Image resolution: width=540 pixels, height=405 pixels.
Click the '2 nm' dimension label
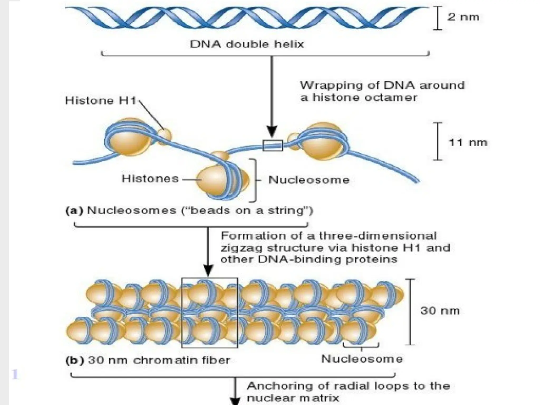pyautogui.click(x=463, y=17)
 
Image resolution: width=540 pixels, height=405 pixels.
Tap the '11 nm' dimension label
pyautogui.click(x=468, y=143)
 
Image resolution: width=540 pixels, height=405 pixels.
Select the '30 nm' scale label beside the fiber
pyautogui.click(x=440, y=311)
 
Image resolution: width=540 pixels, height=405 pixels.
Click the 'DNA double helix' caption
pyautogui.click(x=247, y=44)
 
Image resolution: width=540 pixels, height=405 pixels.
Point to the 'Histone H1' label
pyautogui.click(x=100, y=101)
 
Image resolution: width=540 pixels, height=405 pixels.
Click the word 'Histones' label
pyautogui.click(x=150, y=179)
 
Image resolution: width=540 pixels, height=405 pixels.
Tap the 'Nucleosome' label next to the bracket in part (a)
pyautogui.click(x=309, y=180)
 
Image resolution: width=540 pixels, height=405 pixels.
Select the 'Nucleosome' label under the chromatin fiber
pyautogui.click(x=362, y=359)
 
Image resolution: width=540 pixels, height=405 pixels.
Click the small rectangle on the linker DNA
pyautogui.click(x=273, y=146)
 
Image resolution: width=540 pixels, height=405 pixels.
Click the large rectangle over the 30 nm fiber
pyautogui.click(x=209, y=313)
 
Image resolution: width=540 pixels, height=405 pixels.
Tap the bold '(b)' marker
pyautogui.click(x=75, y=360)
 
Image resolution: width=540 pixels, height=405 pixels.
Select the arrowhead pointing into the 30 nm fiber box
pyautogui.click(x=208, y=271)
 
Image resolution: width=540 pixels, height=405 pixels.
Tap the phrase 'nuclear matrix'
pyautogui.click(x=293, y=398)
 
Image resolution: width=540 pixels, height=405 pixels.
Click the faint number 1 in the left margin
pyautogui.click(x=15, y=374)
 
